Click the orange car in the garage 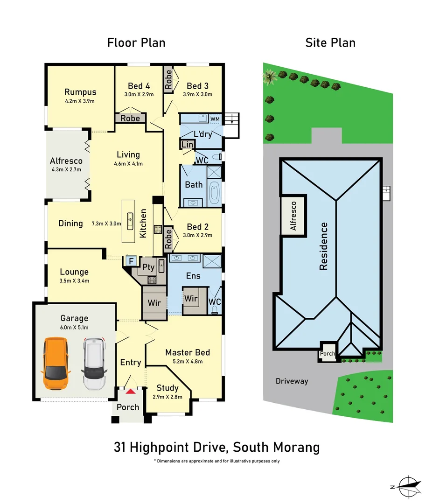pyautogui.click(x=55, y=364)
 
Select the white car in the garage pyautogui.click(x=95, y=364)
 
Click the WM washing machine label pyautogui.click(x=215, y=119)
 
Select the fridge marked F pyautogui.click(x=131, y=261)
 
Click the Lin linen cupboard pyautogui.click(x=187, y=145)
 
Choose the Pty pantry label pyautogui.click(x=148, y=267)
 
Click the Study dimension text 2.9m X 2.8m pyautogui.click(x=168, y=397)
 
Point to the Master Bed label pyautogui.click(x=188, y=352)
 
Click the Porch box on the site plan pyautogui.click(x=327, y=353)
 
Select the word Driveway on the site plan pyautogui.click(x=292, y=381)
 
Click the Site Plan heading pyautogui.click(x=330, y=43)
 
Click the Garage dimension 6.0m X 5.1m pyautogui.click(x=74, y=328)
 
